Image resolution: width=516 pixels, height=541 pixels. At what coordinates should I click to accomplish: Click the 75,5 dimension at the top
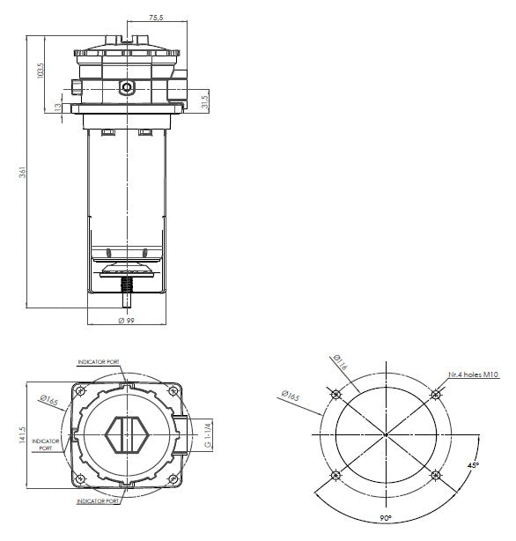(156, 16)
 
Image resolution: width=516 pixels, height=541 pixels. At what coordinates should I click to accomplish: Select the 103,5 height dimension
(41, 71)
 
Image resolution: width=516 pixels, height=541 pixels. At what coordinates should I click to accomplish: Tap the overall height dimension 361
(22, 174)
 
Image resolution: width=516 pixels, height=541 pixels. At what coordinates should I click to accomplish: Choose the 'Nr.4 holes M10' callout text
(473, 374)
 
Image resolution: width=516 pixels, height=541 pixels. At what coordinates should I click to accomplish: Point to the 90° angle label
(386, 518)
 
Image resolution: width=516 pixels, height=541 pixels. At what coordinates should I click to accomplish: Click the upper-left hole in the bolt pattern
(335, 393)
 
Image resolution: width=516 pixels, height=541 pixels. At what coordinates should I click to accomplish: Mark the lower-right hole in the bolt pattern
(436, 476)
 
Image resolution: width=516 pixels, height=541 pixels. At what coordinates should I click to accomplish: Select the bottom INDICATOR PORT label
(99, 500)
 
